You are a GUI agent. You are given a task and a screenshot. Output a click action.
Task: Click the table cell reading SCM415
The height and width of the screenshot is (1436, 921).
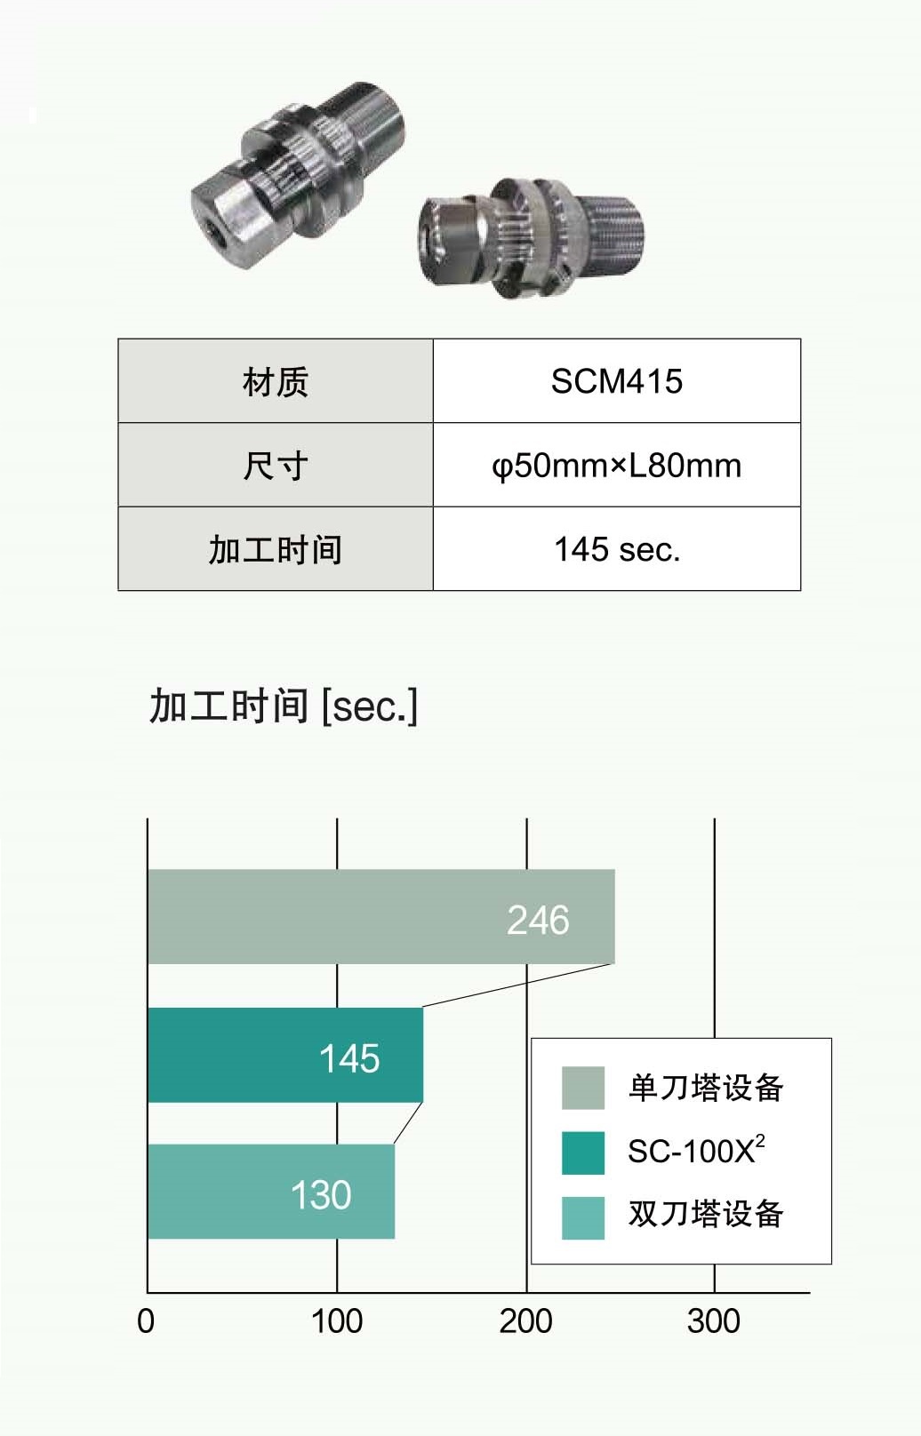tap(616, 381)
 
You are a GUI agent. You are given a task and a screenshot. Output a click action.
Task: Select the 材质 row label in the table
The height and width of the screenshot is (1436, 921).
tap(276, 382)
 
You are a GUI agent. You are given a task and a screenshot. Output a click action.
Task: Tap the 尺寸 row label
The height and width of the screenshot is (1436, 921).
tap(276, 466)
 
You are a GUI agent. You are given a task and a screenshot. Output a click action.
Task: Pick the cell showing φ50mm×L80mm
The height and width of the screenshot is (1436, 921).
tap(616, 466)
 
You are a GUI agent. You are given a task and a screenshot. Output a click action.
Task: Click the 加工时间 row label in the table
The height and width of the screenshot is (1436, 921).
tap(276, 549)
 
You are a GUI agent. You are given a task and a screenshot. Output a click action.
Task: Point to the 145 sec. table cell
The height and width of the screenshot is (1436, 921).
tap(616, 549)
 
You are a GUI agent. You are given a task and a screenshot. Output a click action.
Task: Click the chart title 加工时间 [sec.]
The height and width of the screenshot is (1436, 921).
tap(283, 706)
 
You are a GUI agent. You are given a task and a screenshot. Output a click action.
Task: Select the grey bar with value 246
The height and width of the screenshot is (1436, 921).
tap(380, 917)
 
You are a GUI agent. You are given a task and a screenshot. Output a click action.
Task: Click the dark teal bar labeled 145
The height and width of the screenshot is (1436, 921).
tap(284, 1056)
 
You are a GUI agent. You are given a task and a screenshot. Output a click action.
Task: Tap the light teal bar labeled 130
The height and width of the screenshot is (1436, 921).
tap(270, 1192)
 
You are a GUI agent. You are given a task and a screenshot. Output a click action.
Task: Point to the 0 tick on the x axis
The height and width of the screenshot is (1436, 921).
tap(146, 1321)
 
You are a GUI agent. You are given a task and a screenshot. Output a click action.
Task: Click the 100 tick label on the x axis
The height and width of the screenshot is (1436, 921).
tap(336, 1321)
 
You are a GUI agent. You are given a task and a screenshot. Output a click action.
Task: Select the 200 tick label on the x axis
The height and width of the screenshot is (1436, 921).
tap(525, 1321)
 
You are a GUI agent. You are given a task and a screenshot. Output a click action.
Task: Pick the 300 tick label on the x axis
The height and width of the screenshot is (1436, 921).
tap(713, 1321)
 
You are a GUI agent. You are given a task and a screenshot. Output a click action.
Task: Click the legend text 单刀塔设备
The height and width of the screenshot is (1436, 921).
tap(705, 1088)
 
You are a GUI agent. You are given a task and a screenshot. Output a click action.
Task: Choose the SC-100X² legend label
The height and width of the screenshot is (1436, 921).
tap(695, 1152)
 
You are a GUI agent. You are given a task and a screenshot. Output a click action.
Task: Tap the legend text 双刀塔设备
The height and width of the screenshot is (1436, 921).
tap(705, 1214)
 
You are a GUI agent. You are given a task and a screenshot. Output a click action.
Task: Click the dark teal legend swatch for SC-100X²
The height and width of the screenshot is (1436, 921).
tap(583, 1153)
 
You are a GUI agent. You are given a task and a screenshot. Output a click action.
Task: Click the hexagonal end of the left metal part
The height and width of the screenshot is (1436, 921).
tap(222, 213)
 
